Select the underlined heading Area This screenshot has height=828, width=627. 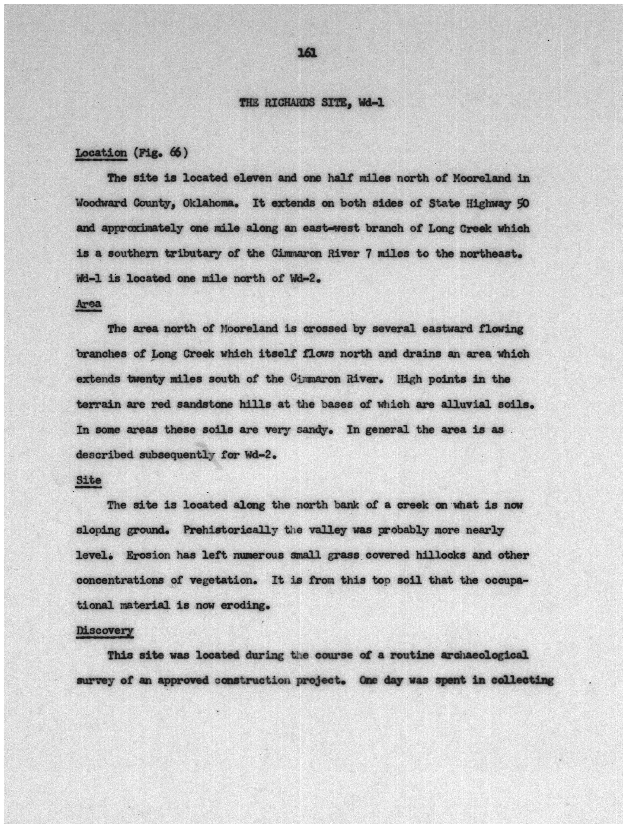tap(89, 304)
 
